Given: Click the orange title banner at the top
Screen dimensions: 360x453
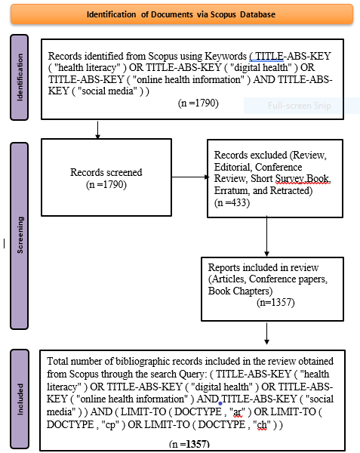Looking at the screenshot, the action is tap(182, 14).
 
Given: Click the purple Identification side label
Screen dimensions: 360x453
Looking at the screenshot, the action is tap(20, 77).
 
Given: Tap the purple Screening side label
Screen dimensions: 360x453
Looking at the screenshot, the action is tap(20, 236).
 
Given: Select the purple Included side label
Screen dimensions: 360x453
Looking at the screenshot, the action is tap(20, 399).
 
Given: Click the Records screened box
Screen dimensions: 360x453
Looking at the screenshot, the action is tap(106, 177).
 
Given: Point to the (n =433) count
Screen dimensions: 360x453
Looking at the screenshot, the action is tap(232, 203).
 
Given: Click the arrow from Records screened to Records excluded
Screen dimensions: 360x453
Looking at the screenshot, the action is tap(190, 177).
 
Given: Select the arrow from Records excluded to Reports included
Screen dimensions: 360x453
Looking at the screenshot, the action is tap(266, 236).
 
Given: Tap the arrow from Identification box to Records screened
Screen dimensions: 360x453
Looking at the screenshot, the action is tap(97, 130).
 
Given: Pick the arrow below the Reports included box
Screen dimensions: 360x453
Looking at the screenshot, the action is tap(266, 334).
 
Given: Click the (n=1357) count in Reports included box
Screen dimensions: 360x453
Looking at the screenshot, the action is tap(275, 303).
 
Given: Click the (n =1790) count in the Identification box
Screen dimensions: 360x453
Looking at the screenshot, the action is tap(198, 103).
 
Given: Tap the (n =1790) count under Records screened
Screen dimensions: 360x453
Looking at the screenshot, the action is tap(106, 185).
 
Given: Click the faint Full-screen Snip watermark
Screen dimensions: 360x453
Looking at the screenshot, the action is tap(299, 106).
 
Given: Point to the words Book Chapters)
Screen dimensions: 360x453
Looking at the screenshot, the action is tap(240, 291).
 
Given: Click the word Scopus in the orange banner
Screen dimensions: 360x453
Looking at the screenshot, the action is tap(223, 14).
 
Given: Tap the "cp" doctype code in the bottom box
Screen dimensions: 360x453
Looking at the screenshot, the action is tap(111, 425).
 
